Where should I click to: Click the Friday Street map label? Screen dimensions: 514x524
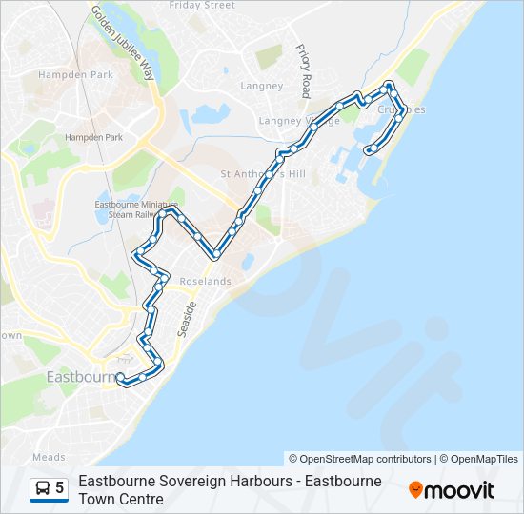[x=201, y=6]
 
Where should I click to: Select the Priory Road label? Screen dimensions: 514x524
[x=305, y=70]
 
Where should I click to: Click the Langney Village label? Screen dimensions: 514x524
[x=299, y=122]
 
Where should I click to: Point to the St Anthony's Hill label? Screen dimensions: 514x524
[x=263, y=174]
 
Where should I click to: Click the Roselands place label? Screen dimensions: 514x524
[x=206, y=282]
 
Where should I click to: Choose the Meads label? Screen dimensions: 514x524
[x=49, y=457]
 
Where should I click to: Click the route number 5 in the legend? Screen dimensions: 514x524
[x=60, y=488]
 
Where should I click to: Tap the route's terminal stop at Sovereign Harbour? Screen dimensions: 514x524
[x=369, y=149]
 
